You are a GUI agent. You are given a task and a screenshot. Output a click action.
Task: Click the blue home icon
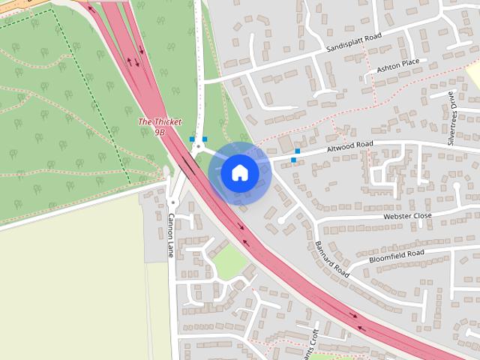pos(239,173)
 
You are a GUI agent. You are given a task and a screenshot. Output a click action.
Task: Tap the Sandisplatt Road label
pos(354,42)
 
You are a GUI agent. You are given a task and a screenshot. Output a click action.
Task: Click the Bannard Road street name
pos(331,259)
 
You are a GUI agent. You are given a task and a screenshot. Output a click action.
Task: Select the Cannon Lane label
pos(171,235)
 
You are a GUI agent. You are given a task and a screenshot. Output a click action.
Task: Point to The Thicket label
pos(154,121)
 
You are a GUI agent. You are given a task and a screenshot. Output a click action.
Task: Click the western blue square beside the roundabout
pos(193,139)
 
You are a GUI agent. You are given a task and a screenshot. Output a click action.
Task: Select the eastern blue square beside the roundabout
pos(205,139)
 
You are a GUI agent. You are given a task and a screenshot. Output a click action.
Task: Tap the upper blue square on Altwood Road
pos(298,151)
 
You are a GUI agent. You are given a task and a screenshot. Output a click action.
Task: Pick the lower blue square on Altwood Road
pos(293,160)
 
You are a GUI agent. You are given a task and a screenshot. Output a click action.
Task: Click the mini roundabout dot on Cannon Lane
pos(172,202)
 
